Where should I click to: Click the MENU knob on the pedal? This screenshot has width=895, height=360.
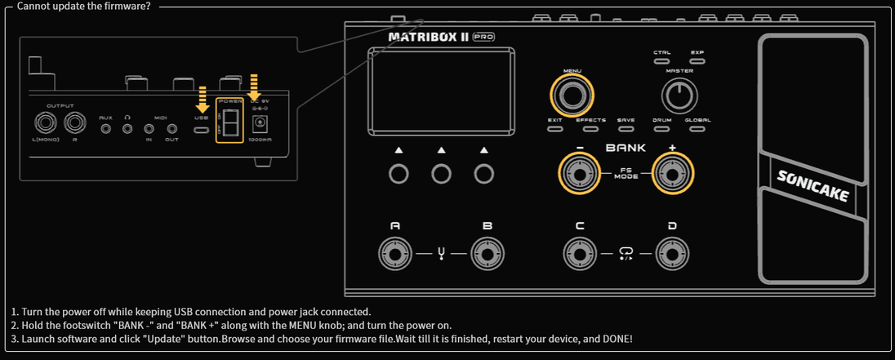click(x=572, y=96)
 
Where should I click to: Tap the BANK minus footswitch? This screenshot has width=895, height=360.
click(x=579, y=173)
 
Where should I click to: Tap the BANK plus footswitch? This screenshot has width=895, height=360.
click(x=671, y=173)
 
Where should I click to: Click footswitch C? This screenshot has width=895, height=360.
click(x=579, y=254)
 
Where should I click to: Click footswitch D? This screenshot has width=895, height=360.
click(x=671, y=254)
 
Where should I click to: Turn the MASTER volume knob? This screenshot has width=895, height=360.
click(x=679, y=97)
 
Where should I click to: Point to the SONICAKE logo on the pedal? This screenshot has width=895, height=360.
click(x=813, y=186)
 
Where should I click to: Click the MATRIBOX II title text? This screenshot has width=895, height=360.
click(x=428, y=37)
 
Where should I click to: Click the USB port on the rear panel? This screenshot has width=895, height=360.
click(x=201, y=128)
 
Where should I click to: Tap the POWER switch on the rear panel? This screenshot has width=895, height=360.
click(x=229, y=123)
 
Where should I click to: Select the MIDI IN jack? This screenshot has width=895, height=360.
click(x=149, y=128)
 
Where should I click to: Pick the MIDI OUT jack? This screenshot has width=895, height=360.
click(x=171, y=128)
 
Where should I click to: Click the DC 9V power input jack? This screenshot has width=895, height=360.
click(x=260, y=123)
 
